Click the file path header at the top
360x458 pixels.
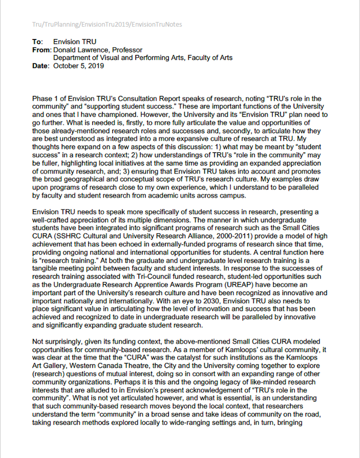(x=107, y=24)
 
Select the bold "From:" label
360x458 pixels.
(x=42, y=50)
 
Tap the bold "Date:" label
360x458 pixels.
(x=41, y=66)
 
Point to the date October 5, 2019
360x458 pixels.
(x=78, y=66)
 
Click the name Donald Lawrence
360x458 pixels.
(x=78, y=50)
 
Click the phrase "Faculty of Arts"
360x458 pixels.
(x=211, y=58)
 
